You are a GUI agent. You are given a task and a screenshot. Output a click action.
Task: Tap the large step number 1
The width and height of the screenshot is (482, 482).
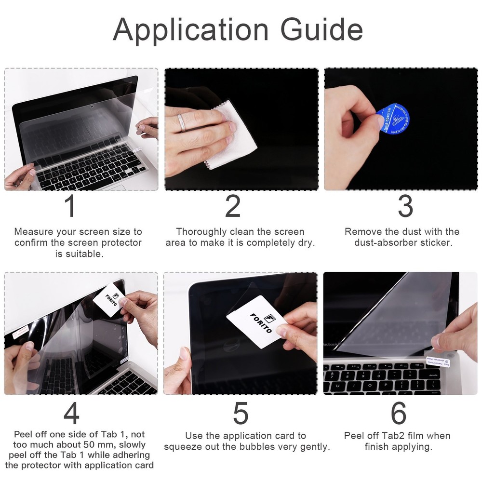[70, 206]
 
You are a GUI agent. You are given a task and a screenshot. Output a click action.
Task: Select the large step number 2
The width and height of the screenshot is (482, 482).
[233, 206]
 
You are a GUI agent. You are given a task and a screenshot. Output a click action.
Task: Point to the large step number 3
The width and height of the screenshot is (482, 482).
[405, 206]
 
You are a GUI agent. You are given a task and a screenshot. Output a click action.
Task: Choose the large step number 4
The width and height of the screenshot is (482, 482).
[71, 414]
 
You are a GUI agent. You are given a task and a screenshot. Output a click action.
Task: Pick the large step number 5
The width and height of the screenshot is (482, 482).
[241, 414]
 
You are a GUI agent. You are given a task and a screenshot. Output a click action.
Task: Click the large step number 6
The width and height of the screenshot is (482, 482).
[399, 414]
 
